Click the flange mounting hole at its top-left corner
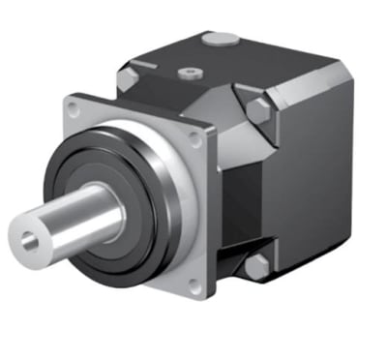[74, 102]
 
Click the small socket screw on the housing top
[189, 72]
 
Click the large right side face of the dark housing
[314, 174]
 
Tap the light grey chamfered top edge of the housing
[310, 77]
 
